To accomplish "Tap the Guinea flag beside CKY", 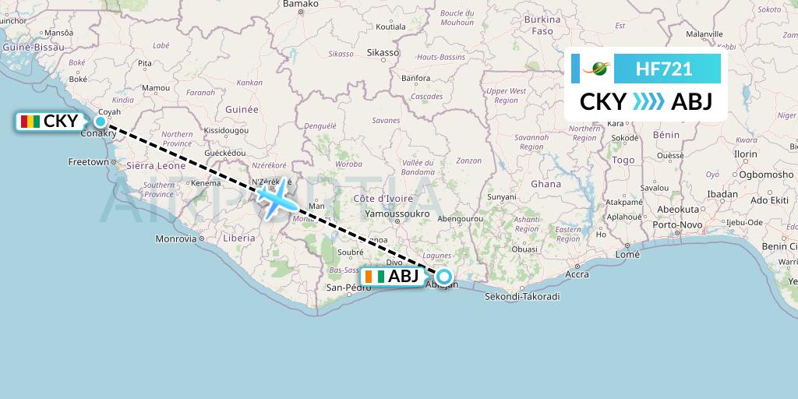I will (x=31, y=122).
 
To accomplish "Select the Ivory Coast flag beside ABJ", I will (x=376, y=277).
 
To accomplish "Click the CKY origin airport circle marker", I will (x=101, y=121).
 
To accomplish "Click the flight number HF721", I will (x=664, y=69).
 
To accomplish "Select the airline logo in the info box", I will (x=598, y=69).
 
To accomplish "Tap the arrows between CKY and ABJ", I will (x=648, y=102).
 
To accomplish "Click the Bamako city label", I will (x=301, y=4).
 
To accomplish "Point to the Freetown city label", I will (x=88, y=162).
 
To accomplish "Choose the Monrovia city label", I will (x=176, y=238).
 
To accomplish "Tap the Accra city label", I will (x=577, y=274).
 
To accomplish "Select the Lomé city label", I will (x=627, y=255).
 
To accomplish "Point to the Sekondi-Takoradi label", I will (x=522, y=297).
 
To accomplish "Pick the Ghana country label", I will (x=546, y=184).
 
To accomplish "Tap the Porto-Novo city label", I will (x=675, y=224).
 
